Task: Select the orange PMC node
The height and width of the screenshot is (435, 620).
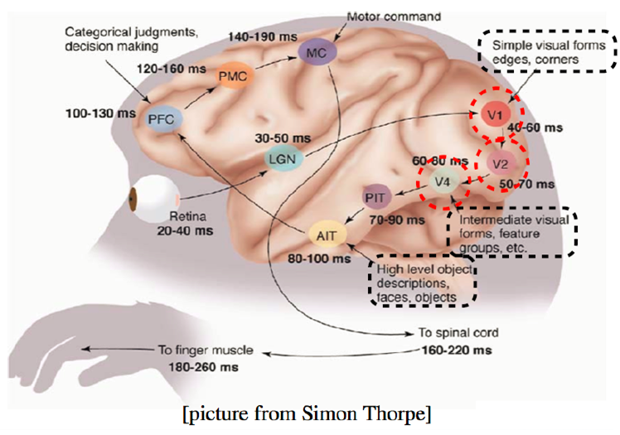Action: pyautogui.click(x=233, y=75)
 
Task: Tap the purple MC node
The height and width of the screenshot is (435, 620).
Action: pyautogui.click(x=317, y=52)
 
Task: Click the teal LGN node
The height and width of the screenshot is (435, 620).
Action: pyautogui.click(x=283, y=159)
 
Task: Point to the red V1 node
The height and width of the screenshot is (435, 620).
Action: pyautogui.click(x=495, y=114)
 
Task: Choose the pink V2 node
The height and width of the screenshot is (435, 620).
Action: pyautogui.click(x=501, y=163)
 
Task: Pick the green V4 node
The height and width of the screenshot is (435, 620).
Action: pyautogui.click(x=443, y=181)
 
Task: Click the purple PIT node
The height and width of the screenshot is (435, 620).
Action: pyautogui.click(x=375, y=196)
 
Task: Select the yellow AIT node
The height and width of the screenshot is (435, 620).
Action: pyautogui.click(x=327, y=235)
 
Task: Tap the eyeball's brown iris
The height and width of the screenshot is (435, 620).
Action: pyautogui.click(x=133, y=200)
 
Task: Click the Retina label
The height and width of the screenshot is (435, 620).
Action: pyautogui.click(x=188, y=216)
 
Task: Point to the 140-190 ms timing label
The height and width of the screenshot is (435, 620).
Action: pyautogui.click(x=263, y=37)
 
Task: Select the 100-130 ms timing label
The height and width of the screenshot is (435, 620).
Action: pyautogui.click(x=100, y=114)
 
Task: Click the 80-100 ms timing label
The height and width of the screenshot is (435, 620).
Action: pyautogui.click(x=319, y=259)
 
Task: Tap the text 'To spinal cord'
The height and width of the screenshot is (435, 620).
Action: pyautogui.click(x=458, y=332)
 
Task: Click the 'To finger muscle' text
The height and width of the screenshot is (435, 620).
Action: pyautogui.click(x=206, y=350)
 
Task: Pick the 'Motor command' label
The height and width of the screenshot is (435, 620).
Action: pyautogui.click(x=394, y=17)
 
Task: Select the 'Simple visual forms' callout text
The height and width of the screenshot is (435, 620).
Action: pyautogui.click(x=549, y=46)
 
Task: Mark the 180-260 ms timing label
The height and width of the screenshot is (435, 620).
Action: pyautogui.click(x=204, y=367)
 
